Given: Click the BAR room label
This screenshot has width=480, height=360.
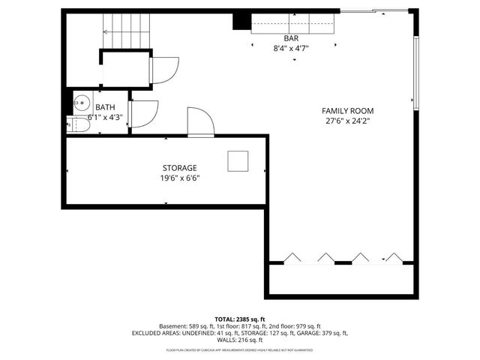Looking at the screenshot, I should coord(291,38).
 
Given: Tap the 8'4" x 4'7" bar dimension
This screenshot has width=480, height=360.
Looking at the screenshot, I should coord(291,48).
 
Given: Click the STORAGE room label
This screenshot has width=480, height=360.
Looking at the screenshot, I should coord(179,168).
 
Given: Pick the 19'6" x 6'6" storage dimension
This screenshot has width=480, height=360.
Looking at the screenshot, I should coord(179,178).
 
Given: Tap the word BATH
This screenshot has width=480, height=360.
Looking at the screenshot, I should coord(105,107).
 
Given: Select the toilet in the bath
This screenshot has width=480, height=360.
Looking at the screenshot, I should coord(73,124).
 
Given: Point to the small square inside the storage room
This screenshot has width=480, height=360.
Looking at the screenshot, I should coord(238,160).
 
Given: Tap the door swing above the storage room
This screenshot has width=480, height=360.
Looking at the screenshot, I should coord(200,122).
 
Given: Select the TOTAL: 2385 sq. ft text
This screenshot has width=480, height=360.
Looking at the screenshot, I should coord(239,319).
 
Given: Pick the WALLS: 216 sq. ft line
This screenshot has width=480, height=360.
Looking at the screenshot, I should coord(239,340).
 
